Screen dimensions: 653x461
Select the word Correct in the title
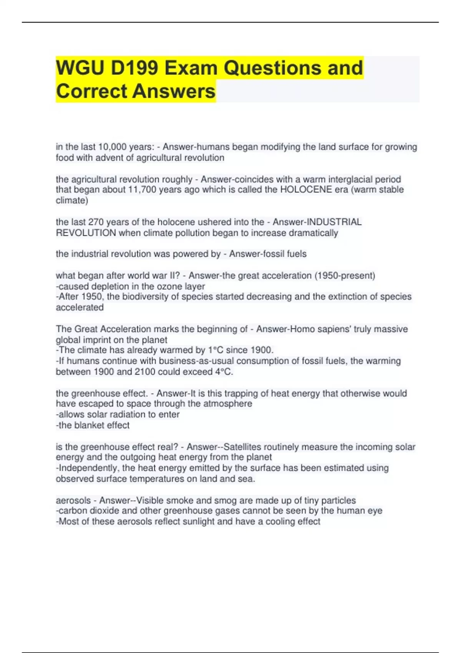pyautogui.click(x=91, y=91)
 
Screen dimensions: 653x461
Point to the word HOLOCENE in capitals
pyautogui.click(x=306, y=190)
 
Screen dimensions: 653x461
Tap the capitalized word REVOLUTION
pyautogui.click(x=86, y=233)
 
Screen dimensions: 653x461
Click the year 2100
pyautogui.click(x=145, y=371)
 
